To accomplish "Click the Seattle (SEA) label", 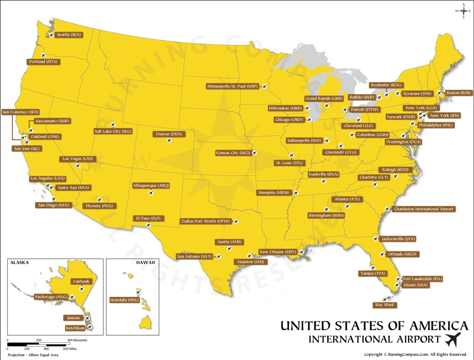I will (x=69, y=35).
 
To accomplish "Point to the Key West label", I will (x=385, y=305).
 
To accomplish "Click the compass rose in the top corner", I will (x=463, y=11).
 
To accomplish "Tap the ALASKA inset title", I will (x=19, y=262).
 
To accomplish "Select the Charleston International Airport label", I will (x=423, y=209).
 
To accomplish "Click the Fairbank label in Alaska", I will (x=81, y=281).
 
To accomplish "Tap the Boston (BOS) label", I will (x=459, y=93).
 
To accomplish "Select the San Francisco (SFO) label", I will (x=21, y=112).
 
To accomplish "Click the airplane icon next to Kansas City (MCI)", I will (x=254, y=152).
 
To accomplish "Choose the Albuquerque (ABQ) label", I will (x=151, y=185).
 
